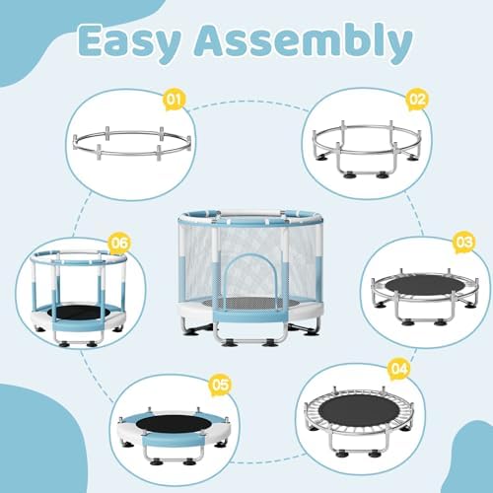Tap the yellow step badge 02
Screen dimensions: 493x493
[416, 99]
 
